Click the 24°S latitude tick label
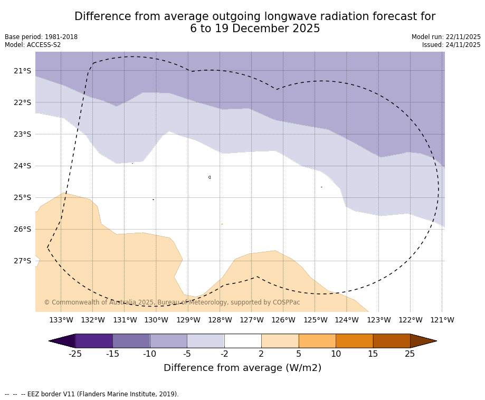pos(22,166)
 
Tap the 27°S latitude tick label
pos(22,261)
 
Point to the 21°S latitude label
pos(22,71)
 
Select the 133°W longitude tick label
pos(61,320)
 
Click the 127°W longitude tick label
pos(252,320)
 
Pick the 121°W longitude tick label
pos(442,320)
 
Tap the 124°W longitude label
pos(347,320)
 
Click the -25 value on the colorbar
pos(75,354)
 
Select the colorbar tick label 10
pos(336,354)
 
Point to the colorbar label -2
pos(224,354)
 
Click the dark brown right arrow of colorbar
pos(423,341)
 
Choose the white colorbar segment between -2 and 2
pos(243,341)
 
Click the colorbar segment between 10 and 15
pos(354,341)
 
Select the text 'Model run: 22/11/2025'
pos(446,37)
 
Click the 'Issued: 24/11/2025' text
pos(451,45)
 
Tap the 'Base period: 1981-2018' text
pos(41,37)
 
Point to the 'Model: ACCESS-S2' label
pos(33,45)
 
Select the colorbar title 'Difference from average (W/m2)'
pos(242,368)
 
